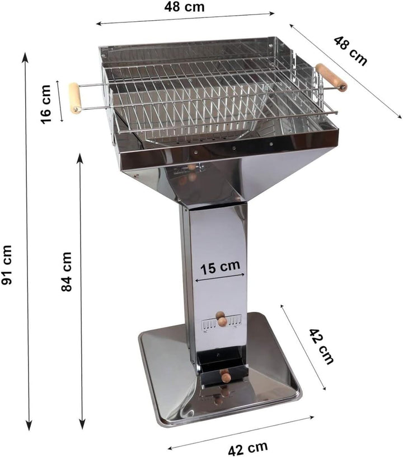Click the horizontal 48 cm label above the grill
pyautogui.click(x=184, y=7)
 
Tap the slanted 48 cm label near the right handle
pyautogui.click(x=351, y=50)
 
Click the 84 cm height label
pyautogui.click(x=67, y=271)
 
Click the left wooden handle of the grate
pyautogui.click(x=75, y=98)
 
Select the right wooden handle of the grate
pyautogui.click(x=331, y=77)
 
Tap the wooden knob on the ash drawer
pyautogui.click(x=226, y=376)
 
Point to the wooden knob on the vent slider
pyautogui.click(x=222, y=319)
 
